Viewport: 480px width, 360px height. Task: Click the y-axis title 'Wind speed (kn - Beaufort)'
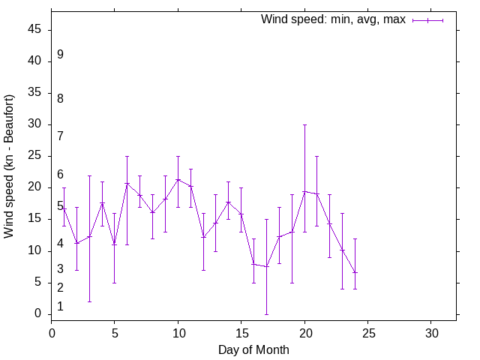click(x=9, y=166)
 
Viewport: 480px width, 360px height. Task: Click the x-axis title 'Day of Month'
click(x=253, y=349)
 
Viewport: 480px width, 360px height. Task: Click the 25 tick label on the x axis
click(x=367, y=332)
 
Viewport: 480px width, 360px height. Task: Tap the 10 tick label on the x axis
click(x=178, y=332)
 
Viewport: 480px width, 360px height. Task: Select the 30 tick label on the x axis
click(x=431, y=332)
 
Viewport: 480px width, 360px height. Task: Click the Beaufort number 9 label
click(x=60, y=55)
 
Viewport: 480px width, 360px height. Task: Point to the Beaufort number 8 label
click(x=60, y=98)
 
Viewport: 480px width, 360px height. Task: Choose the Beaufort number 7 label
click(x=60, y=136)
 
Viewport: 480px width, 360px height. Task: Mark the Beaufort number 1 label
click(x=60, y=307)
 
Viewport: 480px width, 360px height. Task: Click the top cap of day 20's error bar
click(x=304, y=124)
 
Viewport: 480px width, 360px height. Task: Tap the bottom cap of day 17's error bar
click(x=266, y=313)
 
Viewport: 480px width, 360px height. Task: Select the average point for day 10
click(x=178, y=179)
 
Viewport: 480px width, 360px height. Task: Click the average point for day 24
click(x=355, y=272)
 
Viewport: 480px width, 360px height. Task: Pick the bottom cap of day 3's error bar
click(x=89, y=301)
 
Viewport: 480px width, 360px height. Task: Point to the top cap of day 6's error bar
click(x=127, y=156)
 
